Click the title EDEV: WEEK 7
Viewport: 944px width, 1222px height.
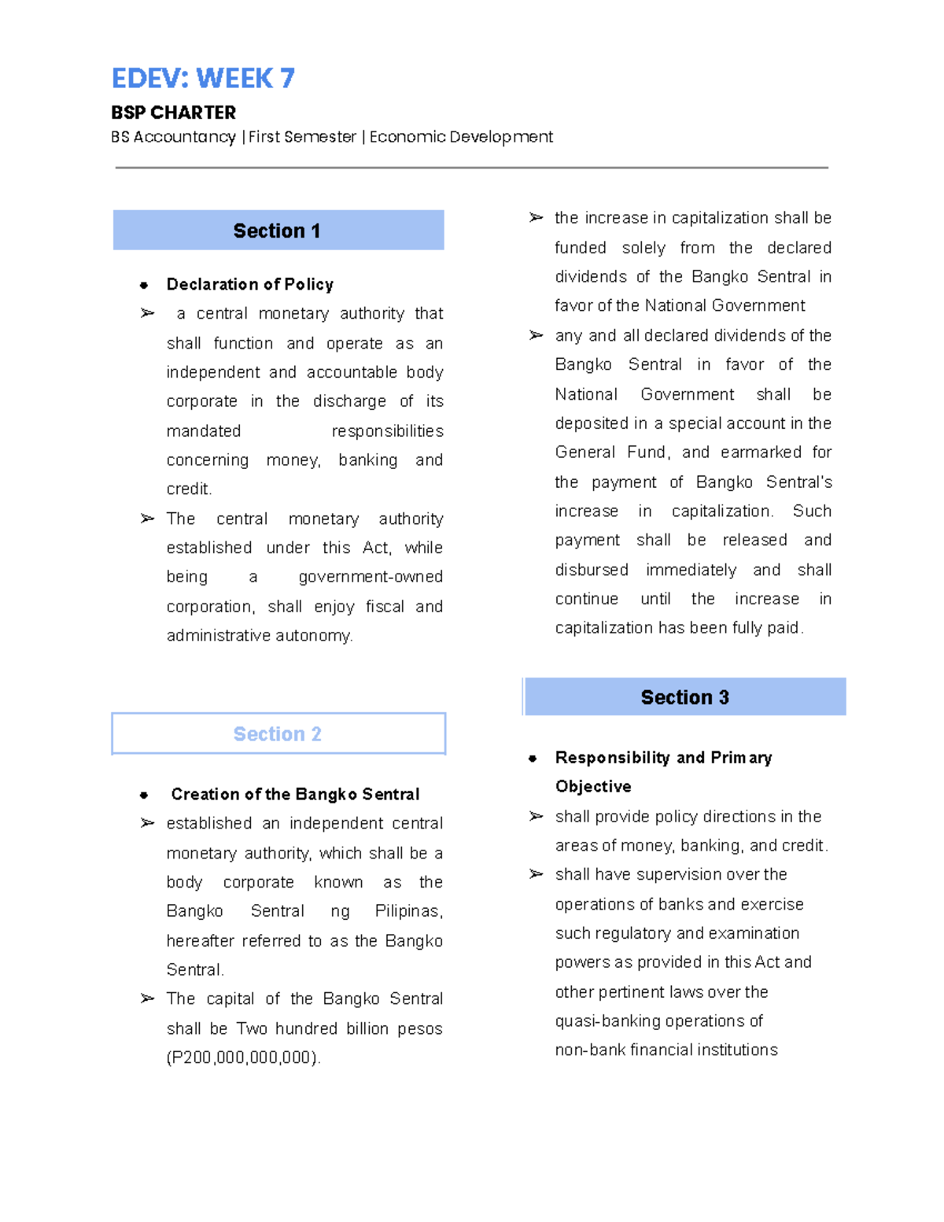click(x=203, y=79)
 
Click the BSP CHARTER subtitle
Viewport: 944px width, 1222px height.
click(x=173, y=113)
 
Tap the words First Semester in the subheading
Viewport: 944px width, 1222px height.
click(x=302, y=137)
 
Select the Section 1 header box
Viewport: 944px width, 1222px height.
click(x=278, y=231)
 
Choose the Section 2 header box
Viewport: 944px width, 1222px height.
click(x=278, y=734)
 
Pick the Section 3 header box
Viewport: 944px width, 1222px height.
click(x=684, y=697)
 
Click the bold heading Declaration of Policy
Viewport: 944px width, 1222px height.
click(x=249, y=284)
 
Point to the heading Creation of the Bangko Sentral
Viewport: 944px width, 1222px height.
click(x=295, y=794)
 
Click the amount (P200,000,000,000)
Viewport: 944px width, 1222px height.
click(x=243, y=1058)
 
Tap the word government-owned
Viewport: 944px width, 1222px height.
click(x=371, y=577)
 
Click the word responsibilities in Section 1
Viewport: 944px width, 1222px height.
click(x=387, y=431)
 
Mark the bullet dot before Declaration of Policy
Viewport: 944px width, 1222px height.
click(x=144, y=285)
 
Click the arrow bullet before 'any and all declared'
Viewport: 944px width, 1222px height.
click(x=536, y=336)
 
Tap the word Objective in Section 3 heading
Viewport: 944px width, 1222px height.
click(x=593, y=787)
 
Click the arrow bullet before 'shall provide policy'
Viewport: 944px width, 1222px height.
click(x=536, y=817)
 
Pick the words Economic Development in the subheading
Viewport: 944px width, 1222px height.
click(x=461, y=137)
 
